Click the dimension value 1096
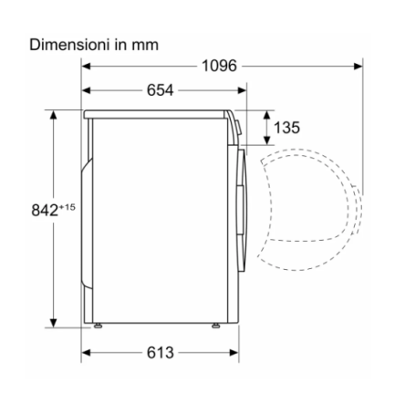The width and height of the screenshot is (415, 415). [x=219, y=66]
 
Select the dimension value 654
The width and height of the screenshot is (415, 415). [x=161, y=90]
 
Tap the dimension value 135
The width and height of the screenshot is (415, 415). [x=286, y=128]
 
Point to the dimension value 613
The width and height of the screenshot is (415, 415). [x=161, y=353]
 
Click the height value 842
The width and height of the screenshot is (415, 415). [x=45, y=210]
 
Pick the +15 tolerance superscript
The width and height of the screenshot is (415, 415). [x=67, y=207]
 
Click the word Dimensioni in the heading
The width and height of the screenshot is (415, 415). [x=69, y=45]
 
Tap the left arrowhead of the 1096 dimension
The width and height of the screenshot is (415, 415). [x=86, y=66]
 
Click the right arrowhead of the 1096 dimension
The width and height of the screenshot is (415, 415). [x=358, y=66]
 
